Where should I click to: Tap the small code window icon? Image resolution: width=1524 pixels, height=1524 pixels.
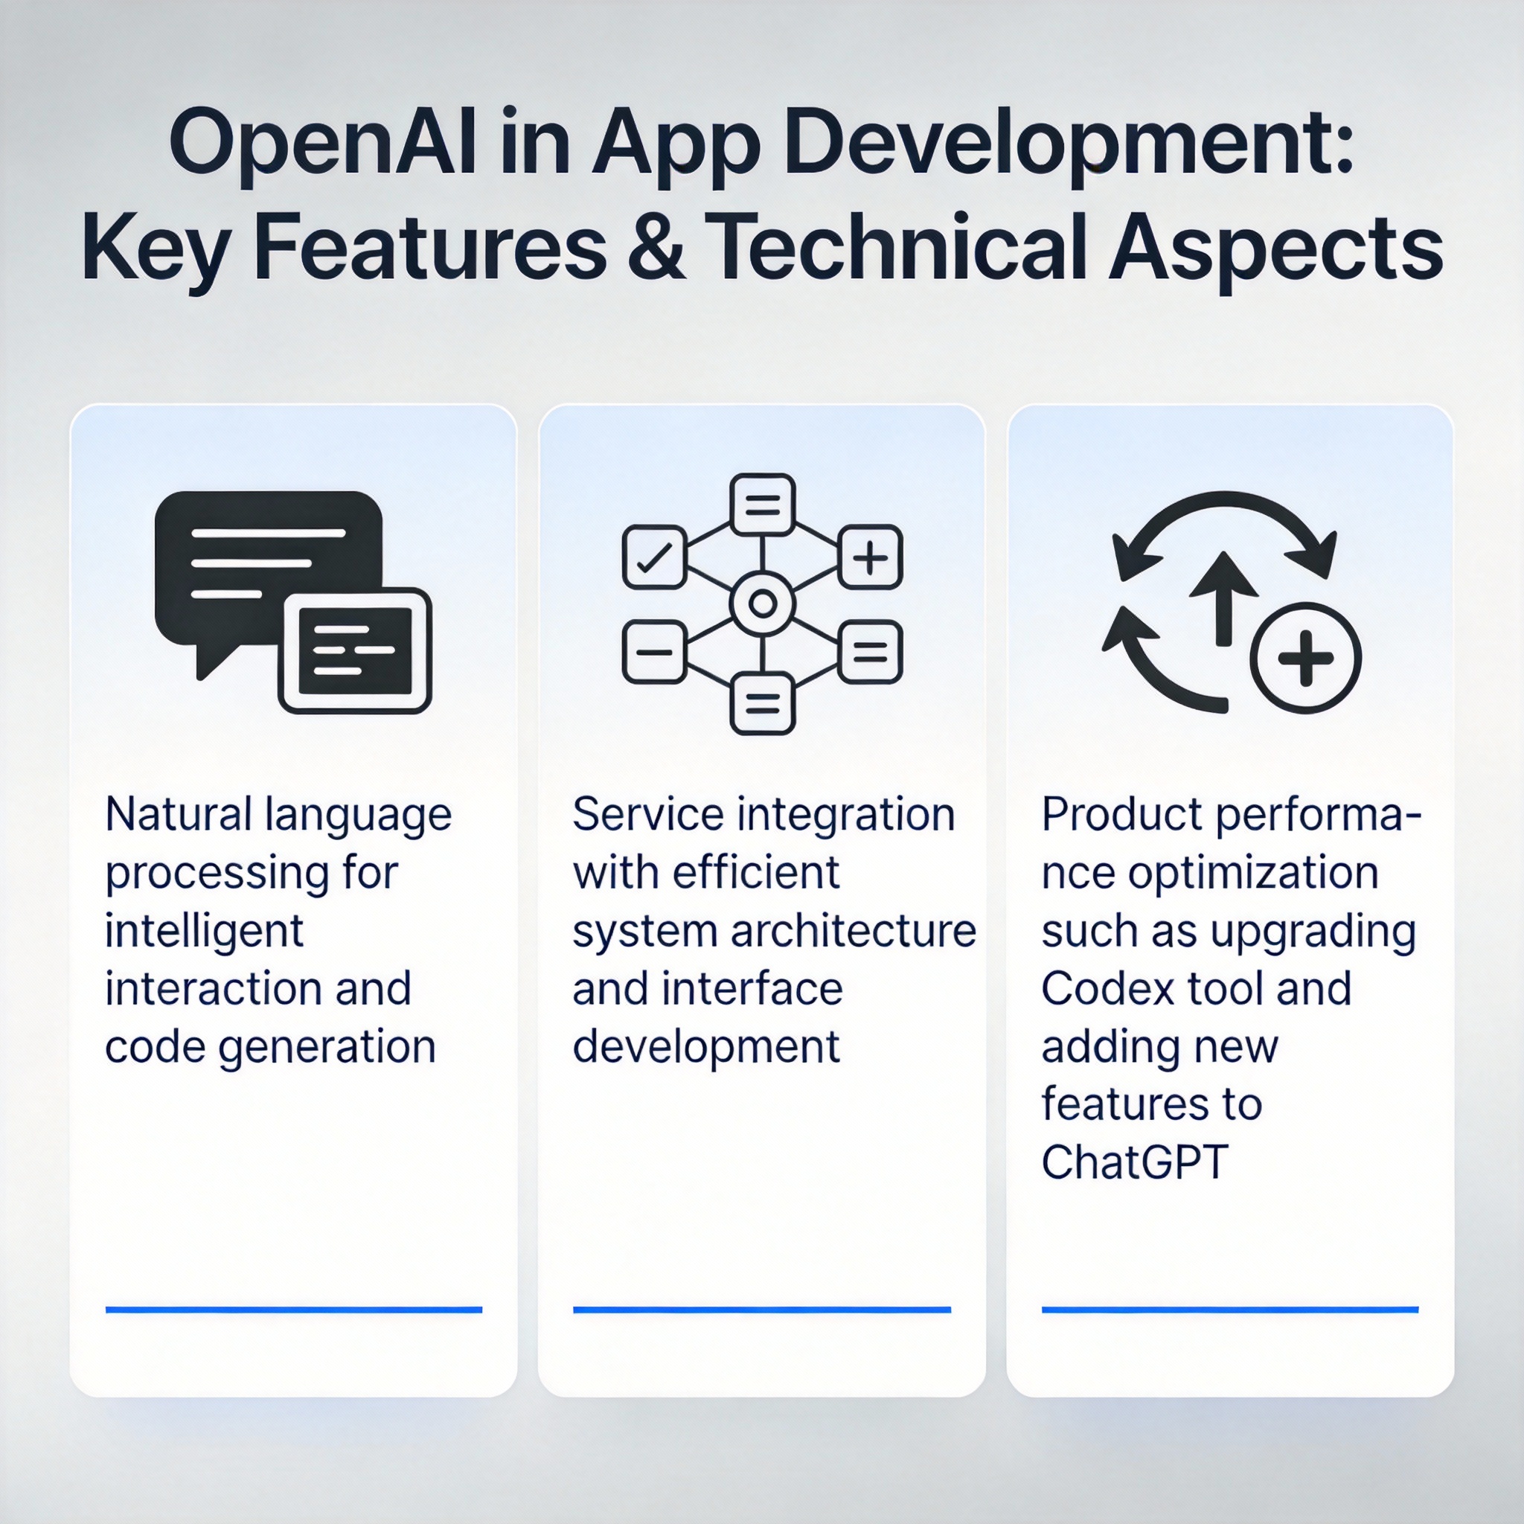pos(355,651)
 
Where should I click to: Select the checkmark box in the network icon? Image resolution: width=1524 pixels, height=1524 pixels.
pos(654,557)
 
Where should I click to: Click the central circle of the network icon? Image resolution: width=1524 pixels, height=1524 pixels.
pos(762,604)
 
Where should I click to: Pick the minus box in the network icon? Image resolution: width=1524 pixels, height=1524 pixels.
pos(654,652)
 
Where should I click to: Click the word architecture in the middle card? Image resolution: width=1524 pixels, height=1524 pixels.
pos(854,932)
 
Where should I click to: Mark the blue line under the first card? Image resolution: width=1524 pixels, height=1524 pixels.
pos(293,1310)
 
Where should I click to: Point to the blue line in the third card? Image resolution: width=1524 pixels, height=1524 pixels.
pos(1230,1310)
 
